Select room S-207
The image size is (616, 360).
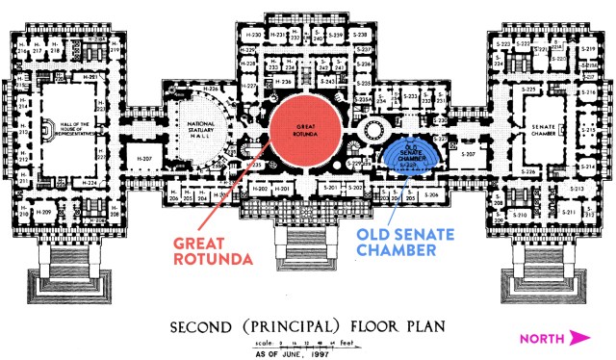[468, 154]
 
